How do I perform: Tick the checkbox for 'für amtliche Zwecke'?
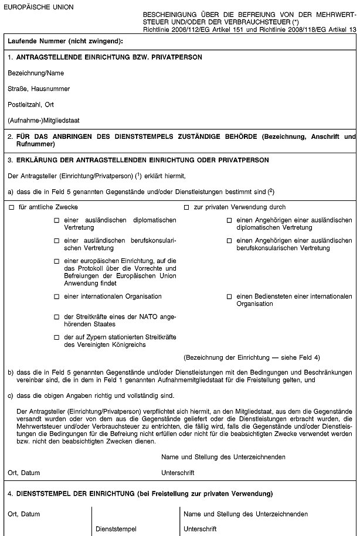[x=11, y=207]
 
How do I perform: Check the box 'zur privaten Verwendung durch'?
[x=186, y=207]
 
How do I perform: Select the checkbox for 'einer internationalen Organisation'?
[x=57, y=296]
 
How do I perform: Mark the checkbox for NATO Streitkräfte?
[x=57, y=317]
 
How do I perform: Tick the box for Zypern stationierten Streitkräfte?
[x=57, y=337]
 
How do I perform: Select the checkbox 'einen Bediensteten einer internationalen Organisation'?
[x=229, y=297]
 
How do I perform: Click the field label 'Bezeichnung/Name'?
[x=36, y=73]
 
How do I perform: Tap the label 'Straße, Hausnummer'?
[x=39, y=89]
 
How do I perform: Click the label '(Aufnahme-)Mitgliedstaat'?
[x=44, y=121]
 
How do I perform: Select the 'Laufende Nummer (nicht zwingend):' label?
[x=65, y=42]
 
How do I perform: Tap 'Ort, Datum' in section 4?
[x=24, y=514]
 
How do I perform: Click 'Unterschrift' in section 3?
[x=178, y=472]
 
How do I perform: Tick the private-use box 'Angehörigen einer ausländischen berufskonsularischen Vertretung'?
[x=229, y=241]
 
